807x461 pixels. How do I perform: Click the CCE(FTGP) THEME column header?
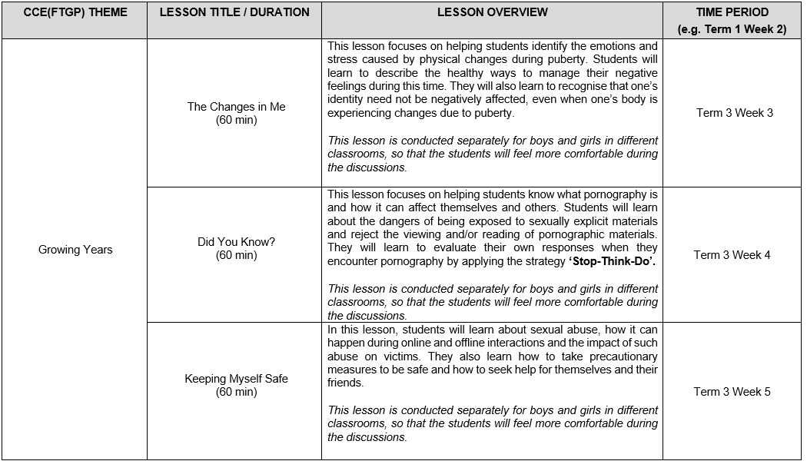[75, 12]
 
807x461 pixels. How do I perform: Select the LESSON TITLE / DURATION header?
[234, 12]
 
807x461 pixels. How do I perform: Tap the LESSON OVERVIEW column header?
[492, 12]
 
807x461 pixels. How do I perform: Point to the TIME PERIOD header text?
[732, 12]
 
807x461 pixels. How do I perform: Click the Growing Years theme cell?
[75, 250]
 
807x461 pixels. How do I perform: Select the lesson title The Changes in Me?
[236, 107]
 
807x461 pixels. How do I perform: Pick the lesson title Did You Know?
[236, 242]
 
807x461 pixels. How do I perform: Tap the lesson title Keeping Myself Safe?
[236, 379]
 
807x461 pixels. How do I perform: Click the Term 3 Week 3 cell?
[735, 113]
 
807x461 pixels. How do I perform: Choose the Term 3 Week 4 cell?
[732, 255]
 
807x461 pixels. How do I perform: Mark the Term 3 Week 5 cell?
[732, 392]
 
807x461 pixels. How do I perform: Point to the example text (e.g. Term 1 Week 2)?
[732, 29]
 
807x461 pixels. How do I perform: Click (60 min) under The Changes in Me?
[236, 120]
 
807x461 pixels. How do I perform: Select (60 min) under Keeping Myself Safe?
[236, 392]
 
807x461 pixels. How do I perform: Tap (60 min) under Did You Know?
[236, 255]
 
